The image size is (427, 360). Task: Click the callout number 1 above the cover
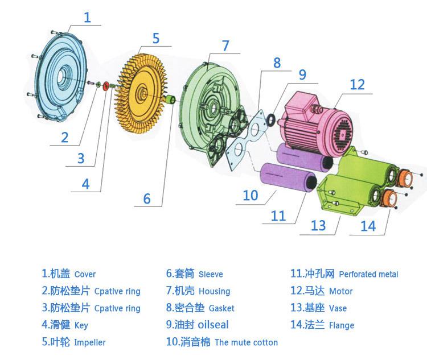(x=87, y=18)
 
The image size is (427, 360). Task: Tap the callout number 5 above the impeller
(x=156, y=38)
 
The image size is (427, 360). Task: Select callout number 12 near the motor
(x=357, y=85)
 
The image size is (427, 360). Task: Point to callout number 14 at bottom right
(x=368, y=226)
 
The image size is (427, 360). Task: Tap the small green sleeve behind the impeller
(x=171, y=99)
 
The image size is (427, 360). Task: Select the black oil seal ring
(x=271, y=120)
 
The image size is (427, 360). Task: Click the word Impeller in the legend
(x=89, y=342)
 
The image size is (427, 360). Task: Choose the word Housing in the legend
(x=214, y=291)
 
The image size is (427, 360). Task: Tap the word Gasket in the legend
(x=221, y=308)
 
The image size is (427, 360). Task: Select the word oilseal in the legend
(x=213, y=325)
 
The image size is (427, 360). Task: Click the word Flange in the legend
(x=342, y=325)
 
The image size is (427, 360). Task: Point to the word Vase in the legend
(x=338, y=308)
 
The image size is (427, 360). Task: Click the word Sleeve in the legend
(x=211, y=274)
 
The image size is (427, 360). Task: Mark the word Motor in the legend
(x=340, y=291)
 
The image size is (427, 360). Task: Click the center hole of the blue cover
(x=63, y=75)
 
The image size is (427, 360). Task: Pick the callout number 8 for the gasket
(x=277, y=63)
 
